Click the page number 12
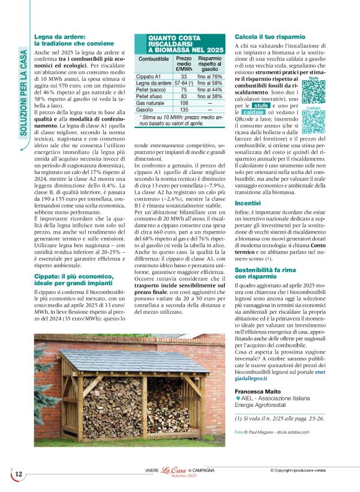click(x=18, y=475)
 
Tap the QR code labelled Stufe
click(x=313, y=91)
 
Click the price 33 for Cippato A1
click(x=184, y=76)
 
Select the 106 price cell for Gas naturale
click(x=184, y=103)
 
